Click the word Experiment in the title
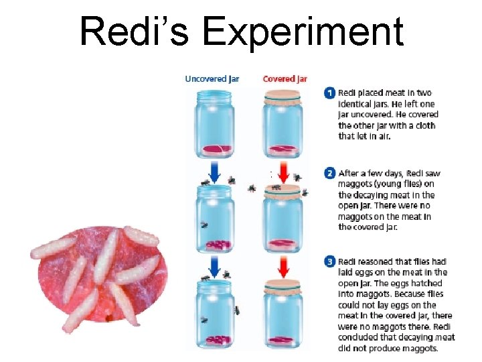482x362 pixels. click(305, 32)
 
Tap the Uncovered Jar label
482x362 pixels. click(212, 79)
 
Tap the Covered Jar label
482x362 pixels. click(285, 79)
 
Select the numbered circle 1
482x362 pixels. click(329, 93)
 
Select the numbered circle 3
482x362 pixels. click(329, 262)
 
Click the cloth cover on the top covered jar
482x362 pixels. click(283, 97)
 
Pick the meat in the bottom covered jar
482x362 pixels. click(283, 340)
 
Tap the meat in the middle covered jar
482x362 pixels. click(283, 244)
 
